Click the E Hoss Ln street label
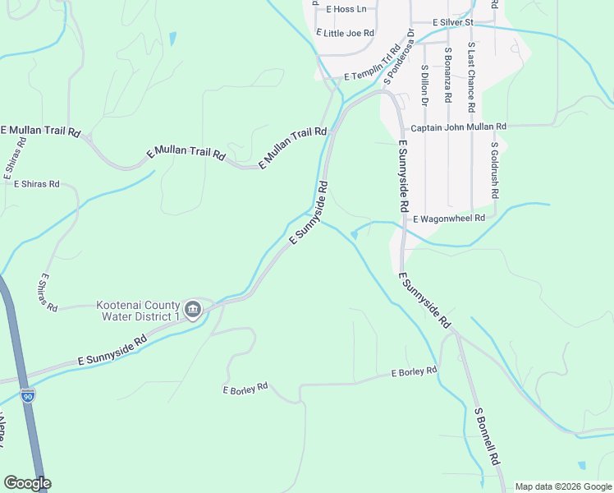pos(346,10)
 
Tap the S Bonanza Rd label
pos(448,74)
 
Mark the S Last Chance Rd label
pos(471,77)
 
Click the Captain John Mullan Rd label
pos(459,127)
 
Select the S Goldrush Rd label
pos(494,171)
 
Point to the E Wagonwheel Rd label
pos(450,219)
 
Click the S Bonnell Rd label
pos(487,437)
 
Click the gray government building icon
pos(193,310)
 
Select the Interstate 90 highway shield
pos(29,397)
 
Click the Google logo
pos(27,483)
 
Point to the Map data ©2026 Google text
pos(563,486)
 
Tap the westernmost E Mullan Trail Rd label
pos(41,131)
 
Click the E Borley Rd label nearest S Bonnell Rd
pos(414,372)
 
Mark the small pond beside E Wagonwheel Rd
pos(354,235)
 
